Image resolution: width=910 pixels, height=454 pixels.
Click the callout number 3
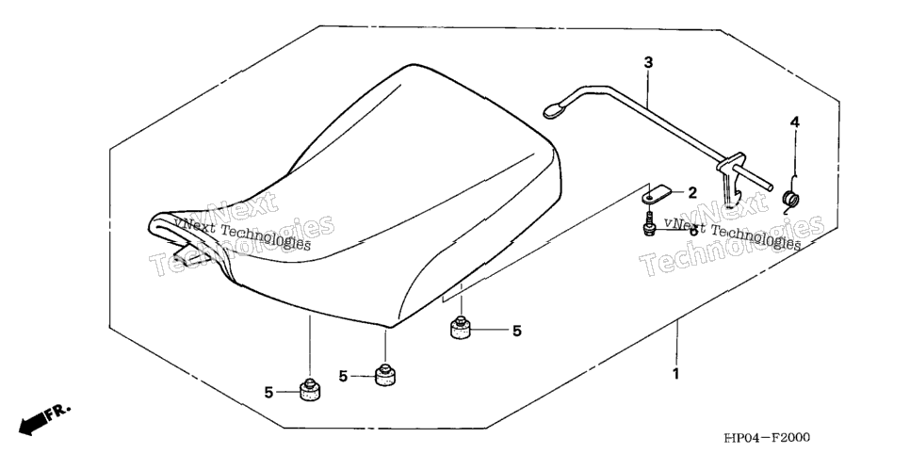648,63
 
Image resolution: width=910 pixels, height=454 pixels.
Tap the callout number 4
794,122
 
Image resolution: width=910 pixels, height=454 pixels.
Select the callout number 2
691,193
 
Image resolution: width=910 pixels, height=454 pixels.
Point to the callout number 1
675,374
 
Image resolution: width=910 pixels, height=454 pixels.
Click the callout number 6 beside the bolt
692,230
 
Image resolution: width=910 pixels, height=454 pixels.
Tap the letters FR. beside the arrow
58,413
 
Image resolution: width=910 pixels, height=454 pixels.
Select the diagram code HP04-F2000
766,438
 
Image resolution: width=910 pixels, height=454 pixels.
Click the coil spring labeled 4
790,199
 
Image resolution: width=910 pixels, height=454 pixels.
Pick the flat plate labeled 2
657,193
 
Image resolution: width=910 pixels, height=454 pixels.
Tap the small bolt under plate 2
649,226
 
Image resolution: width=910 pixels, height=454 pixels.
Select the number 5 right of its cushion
516,331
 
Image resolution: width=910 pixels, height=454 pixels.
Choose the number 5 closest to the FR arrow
268,393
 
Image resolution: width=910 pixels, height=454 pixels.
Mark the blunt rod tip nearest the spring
771,186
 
